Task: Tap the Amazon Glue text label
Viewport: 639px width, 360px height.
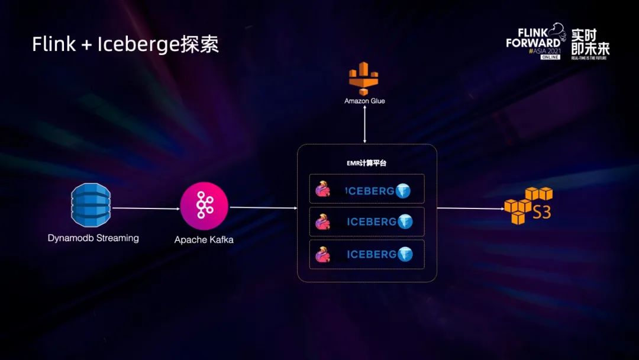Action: [x=364, y=101]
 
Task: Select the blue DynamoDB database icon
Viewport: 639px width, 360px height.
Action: [x=91, y=205]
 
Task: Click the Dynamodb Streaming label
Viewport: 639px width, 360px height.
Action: [x=93, y=238]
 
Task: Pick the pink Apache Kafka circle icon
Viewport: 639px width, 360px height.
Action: [x=204, y=206]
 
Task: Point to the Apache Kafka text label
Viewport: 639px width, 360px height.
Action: [x=204, y=240]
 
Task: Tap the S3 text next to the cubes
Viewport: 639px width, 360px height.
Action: [x=541, y=212]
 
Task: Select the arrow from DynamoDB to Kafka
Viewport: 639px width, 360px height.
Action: [x=146, y=208]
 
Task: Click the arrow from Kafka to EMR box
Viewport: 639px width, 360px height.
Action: [x=263, y=208]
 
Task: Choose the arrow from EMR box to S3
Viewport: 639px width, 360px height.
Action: [x=470, y=208]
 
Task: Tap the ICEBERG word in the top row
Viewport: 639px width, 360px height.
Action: [x=371, y=191]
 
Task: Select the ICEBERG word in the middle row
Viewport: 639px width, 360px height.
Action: [x=371, y=222]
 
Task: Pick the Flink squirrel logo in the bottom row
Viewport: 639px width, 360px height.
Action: [x=322, y=254]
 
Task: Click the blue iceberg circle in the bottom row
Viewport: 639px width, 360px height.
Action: [x=405, y=254]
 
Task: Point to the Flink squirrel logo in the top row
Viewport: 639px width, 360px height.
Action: [x=322, y=190]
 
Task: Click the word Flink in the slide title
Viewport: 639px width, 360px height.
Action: [x=53, y=44]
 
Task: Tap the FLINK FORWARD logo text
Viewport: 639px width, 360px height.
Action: [x=532, y=39]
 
